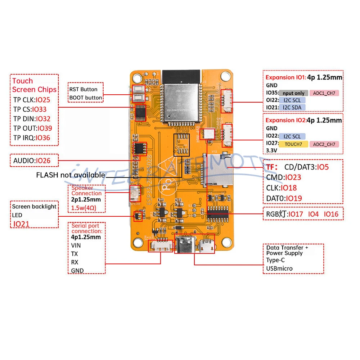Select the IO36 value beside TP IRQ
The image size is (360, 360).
pos(43,138)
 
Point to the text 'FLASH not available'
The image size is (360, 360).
pos(71,175)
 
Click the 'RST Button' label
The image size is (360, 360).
pos(84,89)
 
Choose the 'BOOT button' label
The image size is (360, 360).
pos(86,98)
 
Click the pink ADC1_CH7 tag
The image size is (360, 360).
pos(323,93)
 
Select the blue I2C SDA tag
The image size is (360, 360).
pos(292,107)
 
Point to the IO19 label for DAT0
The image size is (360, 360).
pos(293,198)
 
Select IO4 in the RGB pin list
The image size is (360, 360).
pos(314,214)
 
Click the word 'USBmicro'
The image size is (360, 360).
pos(279,269)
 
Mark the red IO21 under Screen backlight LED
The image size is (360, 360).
pos(22,224)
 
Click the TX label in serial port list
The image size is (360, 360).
pos(75,254)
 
